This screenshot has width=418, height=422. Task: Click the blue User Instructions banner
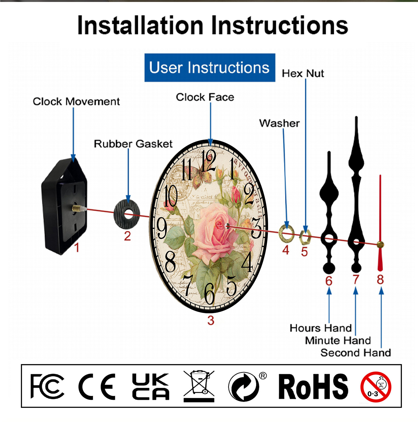point(210,68)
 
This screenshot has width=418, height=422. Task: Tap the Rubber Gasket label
point(133,144)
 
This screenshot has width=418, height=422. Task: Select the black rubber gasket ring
point(127,215)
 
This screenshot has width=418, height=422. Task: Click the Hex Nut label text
point(303,74)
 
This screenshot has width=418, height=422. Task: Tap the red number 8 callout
point(380,280)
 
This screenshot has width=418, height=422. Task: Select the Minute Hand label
point(338,340)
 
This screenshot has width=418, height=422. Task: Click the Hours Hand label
point(320,328)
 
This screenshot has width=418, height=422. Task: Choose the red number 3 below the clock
point(211,321)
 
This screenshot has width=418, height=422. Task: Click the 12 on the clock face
point(208,161)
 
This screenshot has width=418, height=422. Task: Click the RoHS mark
point(313,387)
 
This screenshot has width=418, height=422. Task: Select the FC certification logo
point(47,386)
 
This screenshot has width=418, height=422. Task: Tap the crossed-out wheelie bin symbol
point(199,386)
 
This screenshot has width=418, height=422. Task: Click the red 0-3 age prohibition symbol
point(376,387)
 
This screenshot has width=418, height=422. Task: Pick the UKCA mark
point(150,387)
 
